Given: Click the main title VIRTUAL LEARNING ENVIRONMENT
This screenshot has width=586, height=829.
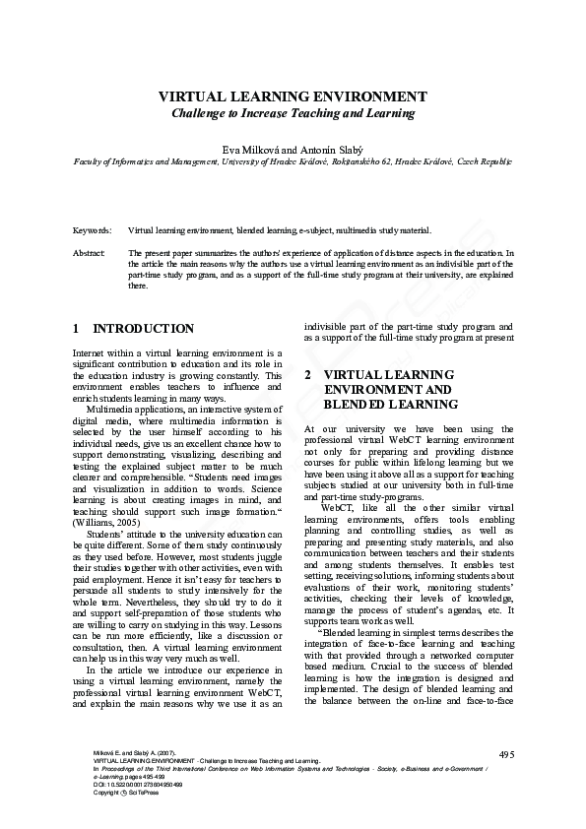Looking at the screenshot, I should [x=293, y=97].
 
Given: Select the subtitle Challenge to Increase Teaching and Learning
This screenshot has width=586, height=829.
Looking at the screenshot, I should [x=293, y=113].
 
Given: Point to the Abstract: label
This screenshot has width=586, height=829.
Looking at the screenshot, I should [x=90, y=253].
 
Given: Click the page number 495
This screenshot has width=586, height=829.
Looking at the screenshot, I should [x=506, y=754].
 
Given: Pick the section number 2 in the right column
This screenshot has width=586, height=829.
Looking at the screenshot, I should [x=308, y=375].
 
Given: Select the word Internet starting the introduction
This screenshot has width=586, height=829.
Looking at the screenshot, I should [x=92, y=352].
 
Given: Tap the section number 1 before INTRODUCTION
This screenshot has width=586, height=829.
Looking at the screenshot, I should [x=77, y=329].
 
